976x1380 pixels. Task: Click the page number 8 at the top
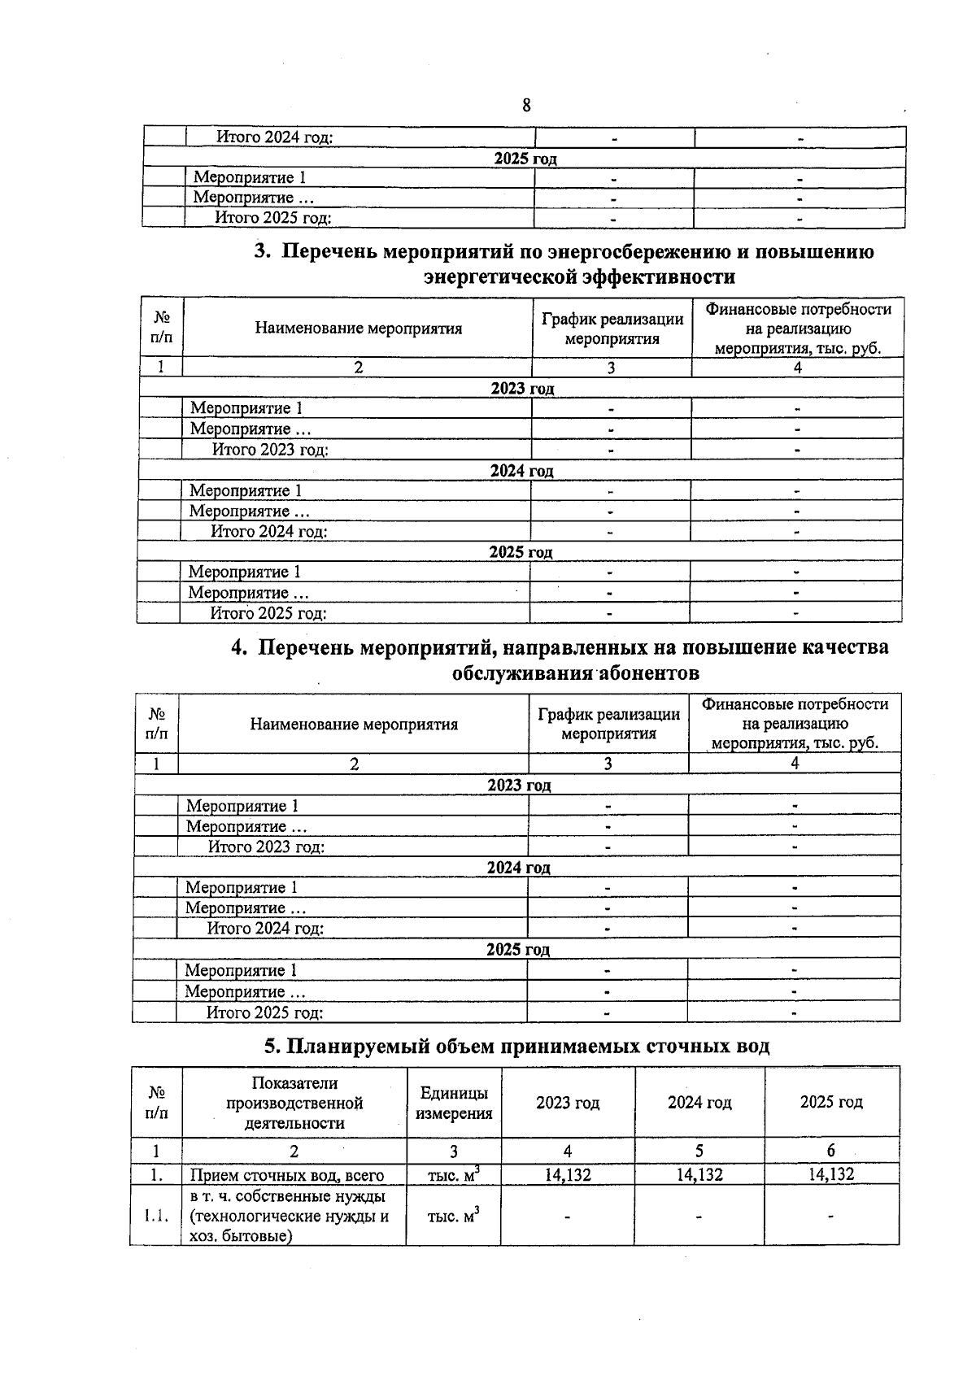526,106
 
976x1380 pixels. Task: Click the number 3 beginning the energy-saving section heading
261,251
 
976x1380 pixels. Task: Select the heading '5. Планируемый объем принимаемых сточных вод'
516,1046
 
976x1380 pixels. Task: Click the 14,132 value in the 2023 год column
568,1174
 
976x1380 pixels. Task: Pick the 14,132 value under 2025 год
831,1174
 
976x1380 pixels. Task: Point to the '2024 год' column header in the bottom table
699,1103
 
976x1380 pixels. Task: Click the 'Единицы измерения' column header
454,1104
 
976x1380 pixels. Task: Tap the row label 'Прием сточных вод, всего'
286,1174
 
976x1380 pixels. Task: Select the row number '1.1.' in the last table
155,1217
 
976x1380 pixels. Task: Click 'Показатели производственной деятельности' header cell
294,1103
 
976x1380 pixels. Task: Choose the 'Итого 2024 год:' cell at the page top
274,137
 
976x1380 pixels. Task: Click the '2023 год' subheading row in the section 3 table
521,389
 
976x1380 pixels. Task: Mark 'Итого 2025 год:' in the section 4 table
264,1012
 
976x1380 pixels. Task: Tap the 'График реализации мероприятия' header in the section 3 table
612,329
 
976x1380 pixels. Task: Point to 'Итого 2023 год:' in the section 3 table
270,450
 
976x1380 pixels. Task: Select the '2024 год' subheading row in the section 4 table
518,868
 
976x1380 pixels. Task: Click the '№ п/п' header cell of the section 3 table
162,328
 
